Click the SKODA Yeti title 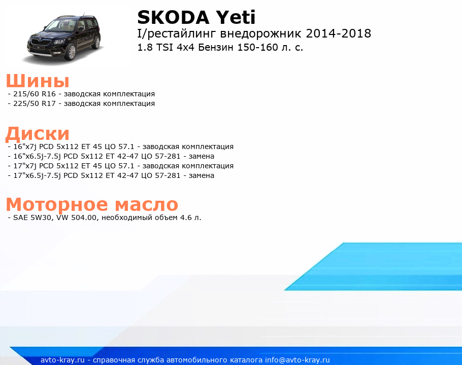pos(196,18)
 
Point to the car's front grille pos(38,42)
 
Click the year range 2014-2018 pos(339,33)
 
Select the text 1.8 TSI pos(155,47)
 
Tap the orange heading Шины pos(38,81)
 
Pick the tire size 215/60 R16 pos(35,94)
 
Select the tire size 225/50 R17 pos(35,103)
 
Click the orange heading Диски pos(38,134)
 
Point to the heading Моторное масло pos(92,204)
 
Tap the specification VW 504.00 pos(77,217)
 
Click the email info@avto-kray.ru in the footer pos(298,360)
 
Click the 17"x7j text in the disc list pos(25,166)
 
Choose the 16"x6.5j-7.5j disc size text pos(37,156)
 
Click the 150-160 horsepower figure pos(258,47)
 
